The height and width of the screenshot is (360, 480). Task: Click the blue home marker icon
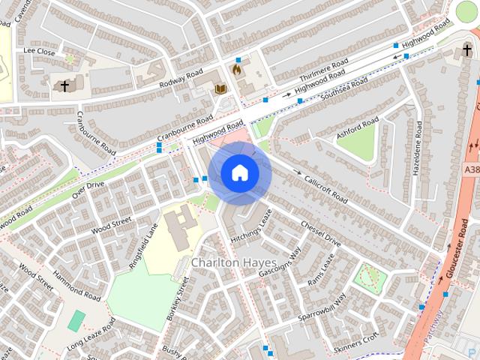click(x=239, y=173)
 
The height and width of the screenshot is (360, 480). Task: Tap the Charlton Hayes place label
click(x=233, y=263)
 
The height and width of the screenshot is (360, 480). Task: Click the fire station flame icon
click(x=238, y=69)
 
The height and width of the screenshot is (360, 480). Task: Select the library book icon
click(x=220, y=90)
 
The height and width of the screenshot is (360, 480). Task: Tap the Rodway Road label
click(x=181, y=79)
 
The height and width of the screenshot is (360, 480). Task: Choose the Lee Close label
click(x=40, y=51)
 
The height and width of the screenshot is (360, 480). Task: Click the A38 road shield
click(x=470, y=171)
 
